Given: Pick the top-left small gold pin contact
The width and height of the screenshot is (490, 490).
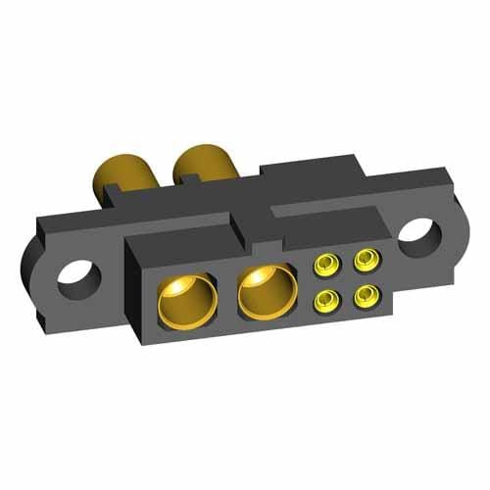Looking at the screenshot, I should pyautogui.click(x=324, y=265).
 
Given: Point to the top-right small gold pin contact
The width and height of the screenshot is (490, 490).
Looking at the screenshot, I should pyautogui.click(x=366, y=259).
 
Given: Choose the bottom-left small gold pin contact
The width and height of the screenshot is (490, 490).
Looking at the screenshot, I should pyautogui.click(x=324, y=298).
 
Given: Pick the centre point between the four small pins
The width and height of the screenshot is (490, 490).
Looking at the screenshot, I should pyautogui.click(x=345, y=278).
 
